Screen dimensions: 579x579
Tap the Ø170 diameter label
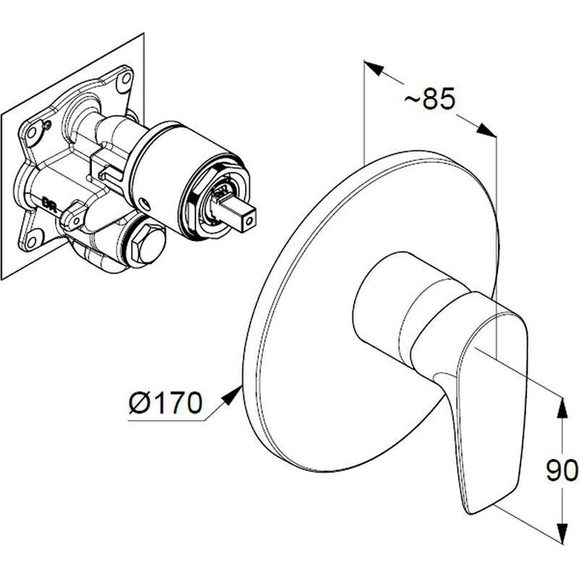pyautogui.click(x=168, y=402)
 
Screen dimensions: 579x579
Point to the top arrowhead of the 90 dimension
pyautogui.click(x=560, y=406)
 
